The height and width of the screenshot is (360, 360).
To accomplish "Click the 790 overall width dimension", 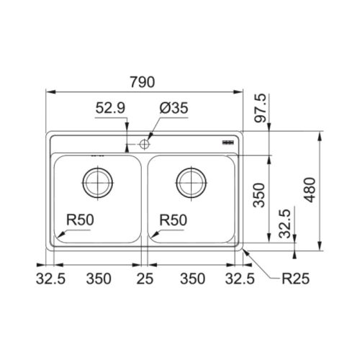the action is click(143, 82).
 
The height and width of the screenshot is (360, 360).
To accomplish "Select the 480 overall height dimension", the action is click(310, 190).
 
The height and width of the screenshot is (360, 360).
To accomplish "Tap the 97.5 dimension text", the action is click(261, 108).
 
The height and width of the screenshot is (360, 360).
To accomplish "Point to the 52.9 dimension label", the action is click(110, 108).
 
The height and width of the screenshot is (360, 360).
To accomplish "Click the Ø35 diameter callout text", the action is click(174, 108).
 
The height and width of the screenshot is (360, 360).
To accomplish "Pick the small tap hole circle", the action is click(145, 144).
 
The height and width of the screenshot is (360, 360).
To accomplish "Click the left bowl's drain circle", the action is click(98, 183).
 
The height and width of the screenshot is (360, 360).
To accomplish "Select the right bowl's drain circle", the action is click(192, 183).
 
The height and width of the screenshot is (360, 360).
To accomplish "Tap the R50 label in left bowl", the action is click(80, 220).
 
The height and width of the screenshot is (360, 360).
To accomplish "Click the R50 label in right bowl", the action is click(174, 220).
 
